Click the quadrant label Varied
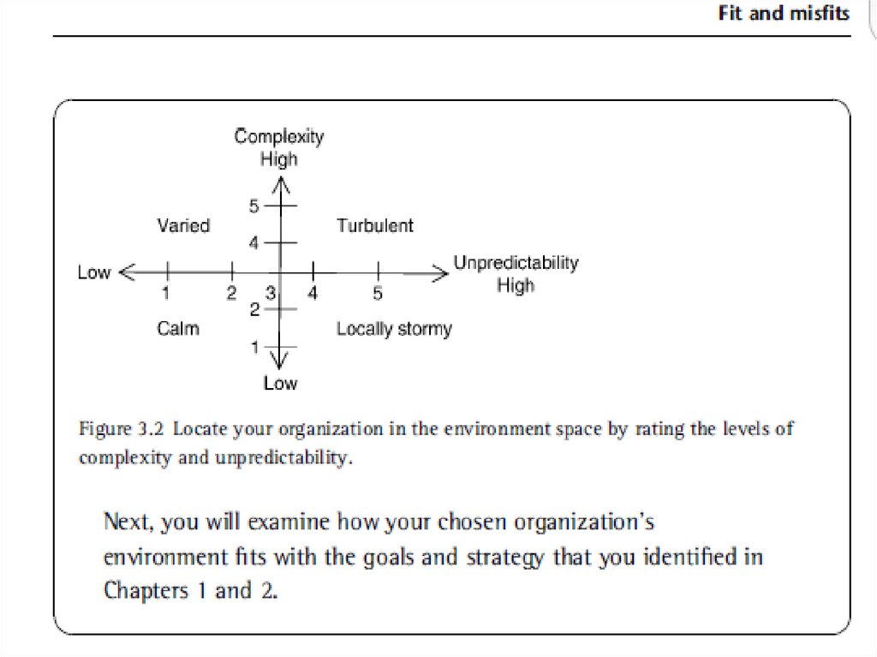(x=183, y=225)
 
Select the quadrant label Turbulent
(x=374, y=225)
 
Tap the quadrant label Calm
(x=178, y=328)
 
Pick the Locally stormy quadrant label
(x=394, y=329)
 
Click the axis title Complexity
(x=279, y=136)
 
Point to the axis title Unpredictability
(x=516, y=262)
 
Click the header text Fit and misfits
(x=784, y=13)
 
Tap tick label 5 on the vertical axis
(x=254, y=206)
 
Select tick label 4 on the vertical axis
(x=254, y=242)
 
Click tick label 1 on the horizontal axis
(x=166, y=294)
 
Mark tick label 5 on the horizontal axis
(x=378, y=294)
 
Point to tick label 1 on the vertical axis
(x=254, y=346)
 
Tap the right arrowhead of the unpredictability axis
(x=440, y=273)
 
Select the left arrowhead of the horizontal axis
(x=125, y=273)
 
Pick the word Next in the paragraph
(x=128, y=521)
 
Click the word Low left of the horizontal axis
(x=94, y=272)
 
